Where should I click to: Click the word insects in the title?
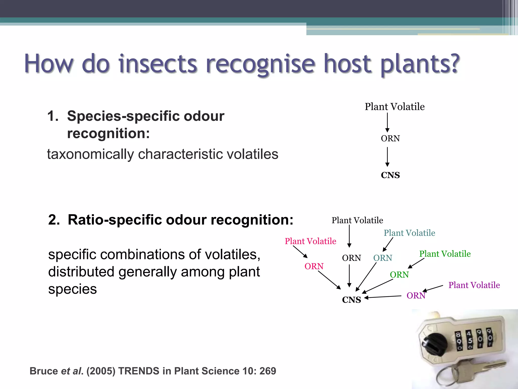tap(157, 64)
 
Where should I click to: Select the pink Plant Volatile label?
tap(310, 241)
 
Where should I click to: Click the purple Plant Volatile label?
tap(474, 285)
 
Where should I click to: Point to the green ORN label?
tap(399, 275)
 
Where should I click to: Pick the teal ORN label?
tap(382, 258)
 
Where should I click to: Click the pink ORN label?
tap(314, 266)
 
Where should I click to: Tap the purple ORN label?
tap(416, 296)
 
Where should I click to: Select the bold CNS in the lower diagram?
tap(351, 300)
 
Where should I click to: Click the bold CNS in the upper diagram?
tap(390, 175)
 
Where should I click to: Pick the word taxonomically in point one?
tap(90, 154)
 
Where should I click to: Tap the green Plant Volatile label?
tap(445, 254)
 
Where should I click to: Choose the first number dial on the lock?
tap(459, 341)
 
